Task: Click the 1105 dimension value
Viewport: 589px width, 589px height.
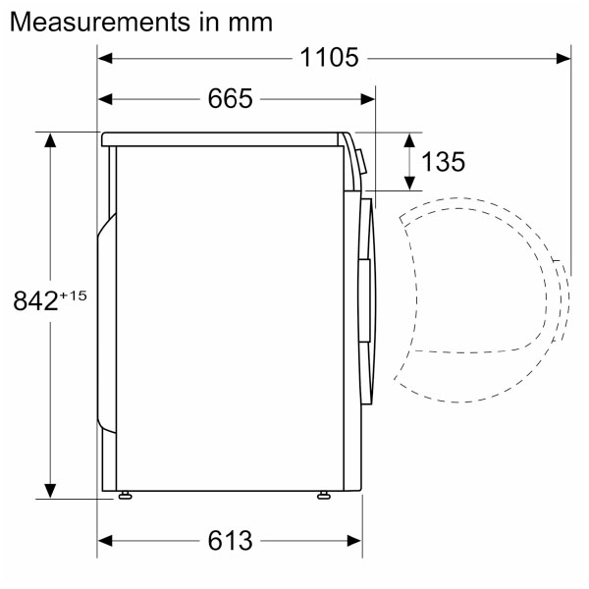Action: [329, 58]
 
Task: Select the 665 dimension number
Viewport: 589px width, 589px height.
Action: [231, 99]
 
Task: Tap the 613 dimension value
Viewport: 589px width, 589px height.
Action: [231, 541]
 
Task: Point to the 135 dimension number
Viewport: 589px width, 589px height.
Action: [444, 162]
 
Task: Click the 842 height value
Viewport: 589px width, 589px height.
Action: [35, 301]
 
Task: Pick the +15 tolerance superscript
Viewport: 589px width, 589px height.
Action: [73, 295]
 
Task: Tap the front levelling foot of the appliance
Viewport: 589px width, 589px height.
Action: [324, 496]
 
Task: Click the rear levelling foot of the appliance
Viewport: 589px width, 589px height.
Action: [125, 496]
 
